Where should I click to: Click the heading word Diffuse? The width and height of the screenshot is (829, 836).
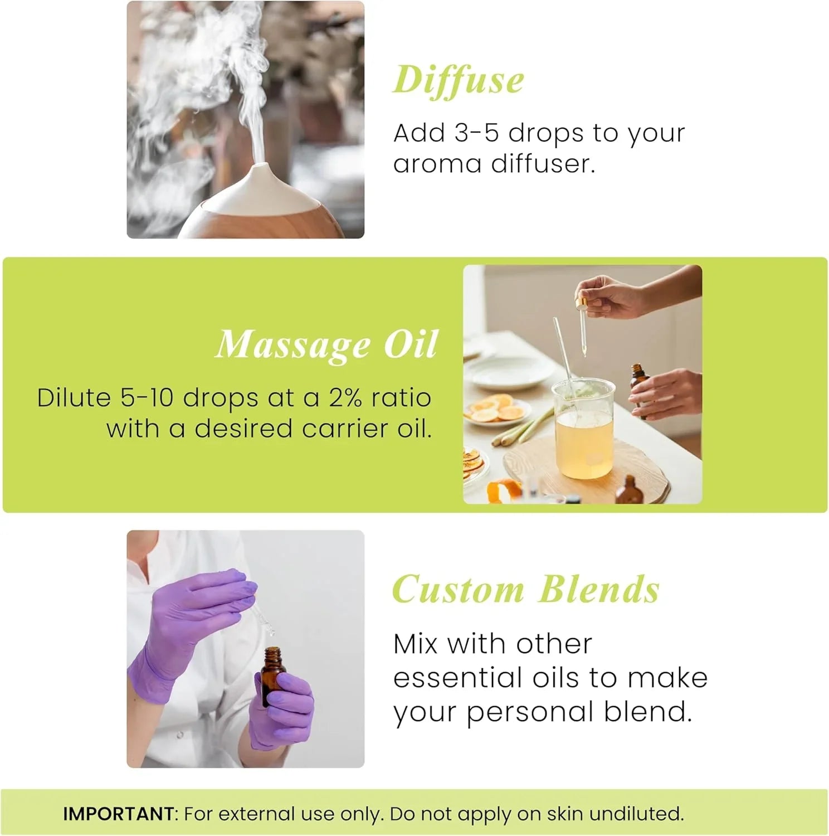pos(458,80)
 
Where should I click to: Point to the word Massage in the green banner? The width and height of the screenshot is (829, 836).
pos(292,345)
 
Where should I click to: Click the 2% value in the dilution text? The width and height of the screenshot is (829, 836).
pos(345,398)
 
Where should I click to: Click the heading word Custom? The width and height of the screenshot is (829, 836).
pos(458,590)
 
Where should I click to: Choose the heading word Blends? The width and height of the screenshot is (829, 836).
pos(599,590)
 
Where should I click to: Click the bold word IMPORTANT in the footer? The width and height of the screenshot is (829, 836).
pos(118,814)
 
